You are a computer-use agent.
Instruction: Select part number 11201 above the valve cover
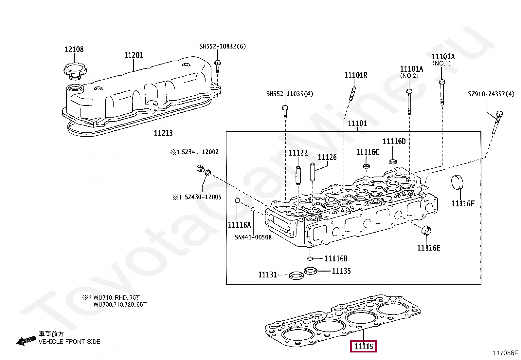point(134,55)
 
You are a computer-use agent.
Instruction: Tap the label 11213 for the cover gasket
point(163,133)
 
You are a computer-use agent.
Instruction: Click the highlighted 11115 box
point(364,346)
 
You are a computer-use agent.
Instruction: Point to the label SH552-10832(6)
point(223,47)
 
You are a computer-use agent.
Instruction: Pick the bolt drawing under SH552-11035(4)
point(285,111)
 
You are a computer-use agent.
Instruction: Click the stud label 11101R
point(356,75)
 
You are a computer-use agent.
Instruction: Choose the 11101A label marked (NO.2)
point(411,69)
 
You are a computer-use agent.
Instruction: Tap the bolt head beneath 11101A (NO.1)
point(441,82)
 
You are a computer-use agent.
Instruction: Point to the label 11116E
point(429,248)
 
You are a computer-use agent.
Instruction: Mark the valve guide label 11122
point(298,153)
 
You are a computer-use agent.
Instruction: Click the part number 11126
point(327,157)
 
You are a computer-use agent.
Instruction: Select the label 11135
point(341,271)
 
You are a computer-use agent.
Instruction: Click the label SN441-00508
point(253,237)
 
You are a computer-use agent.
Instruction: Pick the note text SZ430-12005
point(203,197)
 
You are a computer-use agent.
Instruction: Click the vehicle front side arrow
point(26,341)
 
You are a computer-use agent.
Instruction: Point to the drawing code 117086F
point(506,353)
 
